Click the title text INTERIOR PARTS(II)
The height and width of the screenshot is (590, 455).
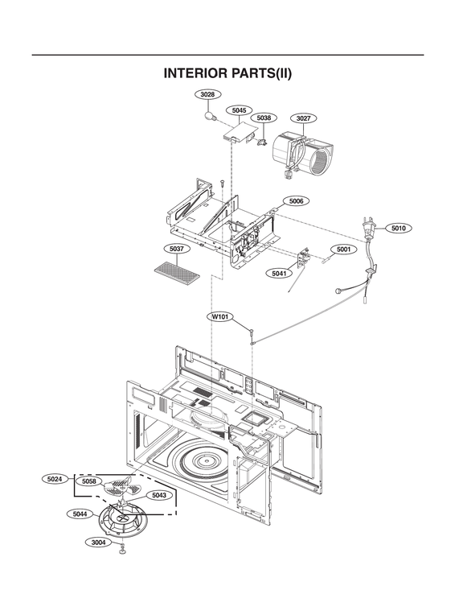coord(227,74)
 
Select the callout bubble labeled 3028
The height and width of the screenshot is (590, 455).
coord(207,94)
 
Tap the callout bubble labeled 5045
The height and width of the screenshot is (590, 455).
coord(238,109)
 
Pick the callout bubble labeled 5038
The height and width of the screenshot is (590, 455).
coord(263,118)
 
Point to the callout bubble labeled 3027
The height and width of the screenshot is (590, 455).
coord(303,118)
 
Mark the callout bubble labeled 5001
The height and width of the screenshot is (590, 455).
coord(343,250)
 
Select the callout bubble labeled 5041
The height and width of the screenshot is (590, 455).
coord(278,273)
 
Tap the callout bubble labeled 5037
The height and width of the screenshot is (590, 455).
coord(176,249)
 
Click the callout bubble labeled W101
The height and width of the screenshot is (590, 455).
coord(220,317)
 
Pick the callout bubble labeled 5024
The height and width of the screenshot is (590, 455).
coord(55,479)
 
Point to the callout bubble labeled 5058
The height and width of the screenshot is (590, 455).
coord(89,481)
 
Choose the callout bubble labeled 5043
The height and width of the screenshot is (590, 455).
coord(158,495)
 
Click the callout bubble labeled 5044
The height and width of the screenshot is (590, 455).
coord(80,513)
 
